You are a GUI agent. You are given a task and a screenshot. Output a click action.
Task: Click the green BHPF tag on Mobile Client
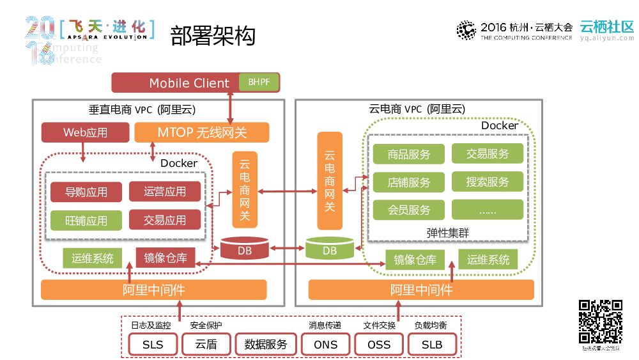(x=259, y=82)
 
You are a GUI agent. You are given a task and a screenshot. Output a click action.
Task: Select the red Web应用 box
(x=85, y=133)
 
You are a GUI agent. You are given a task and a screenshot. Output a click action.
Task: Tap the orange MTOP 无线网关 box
(x=202, y=133)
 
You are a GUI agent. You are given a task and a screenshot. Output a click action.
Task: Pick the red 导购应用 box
(x=86, y=192)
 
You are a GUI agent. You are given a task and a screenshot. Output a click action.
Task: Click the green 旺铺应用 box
(x=86, y=221)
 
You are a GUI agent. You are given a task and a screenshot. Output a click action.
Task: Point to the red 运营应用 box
(x=165, y=192)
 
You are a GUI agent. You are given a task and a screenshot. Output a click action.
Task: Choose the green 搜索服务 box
(x=488, y=182)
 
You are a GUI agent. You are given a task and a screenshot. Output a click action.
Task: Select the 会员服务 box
(x=409, y=210)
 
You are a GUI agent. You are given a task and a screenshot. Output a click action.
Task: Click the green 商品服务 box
(x=409, y=154)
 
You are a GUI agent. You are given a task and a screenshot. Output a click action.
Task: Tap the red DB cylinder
(x=245, y=248)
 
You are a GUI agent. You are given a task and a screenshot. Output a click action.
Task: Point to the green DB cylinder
(x=330, y=248)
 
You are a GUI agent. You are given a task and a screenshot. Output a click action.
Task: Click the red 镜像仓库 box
(x=165, y=258)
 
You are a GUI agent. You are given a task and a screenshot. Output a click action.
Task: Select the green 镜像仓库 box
(x=415, y=260)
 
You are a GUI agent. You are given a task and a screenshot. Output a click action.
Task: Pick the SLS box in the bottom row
(x=153, y=345)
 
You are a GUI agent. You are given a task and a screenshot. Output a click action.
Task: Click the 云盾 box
(x=206, y=345)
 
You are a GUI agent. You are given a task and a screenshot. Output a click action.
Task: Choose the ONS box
(x=325, y=345)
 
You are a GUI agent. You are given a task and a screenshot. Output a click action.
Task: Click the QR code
(x=601, y=322)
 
